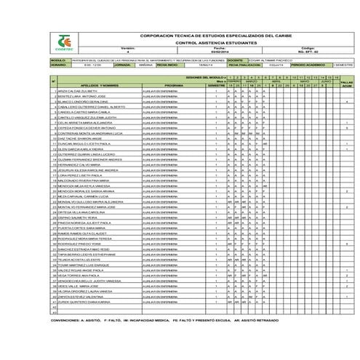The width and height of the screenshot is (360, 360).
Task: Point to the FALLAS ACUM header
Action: [x=347, y=84]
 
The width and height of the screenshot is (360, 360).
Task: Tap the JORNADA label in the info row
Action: [x=123, y=64]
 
